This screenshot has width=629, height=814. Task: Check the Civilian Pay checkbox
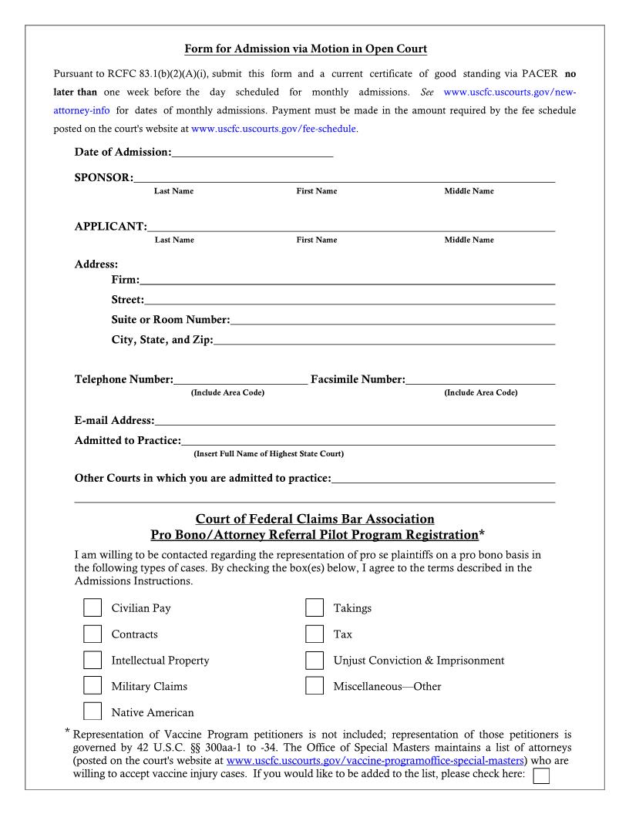tap(92, 608)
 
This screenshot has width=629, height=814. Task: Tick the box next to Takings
tap(314, 608)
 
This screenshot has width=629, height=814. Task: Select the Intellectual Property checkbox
tap(92, 661)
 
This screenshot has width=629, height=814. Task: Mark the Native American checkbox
tap(92, 711)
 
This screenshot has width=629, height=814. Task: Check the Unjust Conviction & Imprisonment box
tap(314, 661)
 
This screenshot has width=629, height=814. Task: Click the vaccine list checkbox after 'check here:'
tap(541, 775)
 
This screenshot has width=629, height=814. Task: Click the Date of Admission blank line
tap(253, 153)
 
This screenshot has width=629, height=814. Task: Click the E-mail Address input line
tap(355, 421)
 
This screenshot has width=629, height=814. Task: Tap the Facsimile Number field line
tap(479, 379)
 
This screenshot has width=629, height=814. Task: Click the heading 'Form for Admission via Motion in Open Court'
tap(306, 49)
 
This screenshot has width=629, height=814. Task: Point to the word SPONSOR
tap(103, 178)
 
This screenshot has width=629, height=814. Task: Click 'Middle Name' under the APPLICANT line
tap(469, 240)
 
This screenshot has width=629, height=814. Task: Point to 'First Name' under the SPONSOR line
tap(316, 190)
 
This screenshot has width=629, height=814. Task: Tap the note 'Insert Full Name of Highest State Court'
tap(268, 453)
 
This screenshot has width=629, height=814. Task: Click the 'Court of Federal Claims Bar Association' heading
tap(314, 520)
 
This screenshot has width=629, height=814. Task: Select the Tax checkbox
tap(314, 634)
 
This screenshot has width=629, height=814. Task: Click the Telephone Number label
tap(123, 379)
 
